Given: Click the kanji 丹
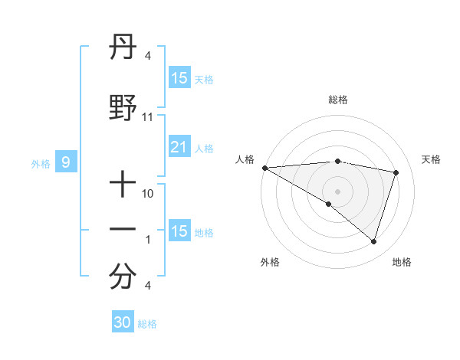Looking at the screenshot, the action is click(x=123, y=51).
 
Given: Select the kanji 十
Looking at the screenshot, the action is click(x=123, y=184).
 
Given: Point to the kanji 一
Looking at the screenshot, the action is click(x=123, y=230).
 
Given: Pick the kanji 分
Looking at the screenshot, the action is click(x=123, y=277).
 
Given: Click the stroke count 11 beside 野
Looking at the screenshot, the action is click(x=148, y=117).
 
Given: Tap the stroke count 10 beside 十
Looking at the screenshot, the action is click(x=148, y=194).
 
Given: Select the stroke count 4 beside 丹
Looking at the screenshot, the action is click(x=147, y=56).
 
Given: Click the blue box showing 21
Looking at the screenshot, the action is click(x=179, y=147).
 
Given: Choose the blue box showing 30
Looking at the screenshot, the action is click(x=123, y=322).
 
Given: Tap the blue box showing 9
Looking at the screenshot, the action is click(x=67, y=162).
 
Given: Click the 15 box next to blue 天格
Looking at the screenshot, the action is click(x=179, y=78).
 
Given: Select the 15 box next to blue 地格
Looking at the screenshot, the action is click(x=179, y=231).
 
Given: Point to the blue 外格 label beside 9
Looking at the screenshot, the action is click(x=41, y=163).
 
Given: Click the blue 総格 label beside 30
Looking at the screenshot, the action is click(x=147, y=324).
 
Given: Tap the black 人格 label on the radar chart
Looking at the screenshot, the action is click(x=245, y=159).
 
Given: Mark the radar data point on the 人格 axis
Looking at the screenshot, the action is click(x=264, y=168).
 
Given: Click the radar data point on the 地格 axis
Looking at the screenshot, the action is click(x=373, y=242).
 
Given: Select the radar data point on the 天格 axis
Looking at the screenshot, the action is click(x=396, y=172).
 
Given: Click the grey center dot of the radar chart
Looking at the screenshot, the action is click(x=337, y=190).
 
